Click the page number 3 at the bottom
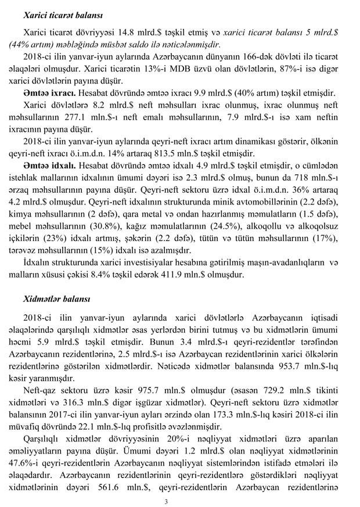point(167,500)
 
